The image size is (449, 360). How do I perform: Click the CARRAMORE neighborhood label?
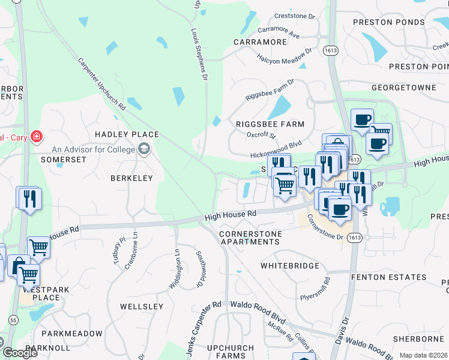point(260,43)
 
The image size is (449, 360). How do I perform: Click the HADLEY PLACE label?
point(127,134)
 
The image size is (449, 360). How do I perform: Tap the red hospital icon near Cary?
point(37,137)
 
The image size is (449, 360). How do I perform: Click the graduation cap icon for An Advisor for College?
point(143,149)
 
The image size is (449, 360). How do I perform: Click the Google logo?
point(19,353)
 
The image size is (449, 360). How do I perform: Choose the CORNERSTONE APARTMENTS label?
point(249,237)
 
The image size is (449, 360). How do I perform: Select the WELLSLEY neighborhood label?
point(142,307)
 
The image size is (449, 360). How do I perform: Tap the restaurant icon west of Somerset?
point(29,199)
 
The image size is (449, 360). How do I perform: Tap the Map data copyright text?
point(424,355)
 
